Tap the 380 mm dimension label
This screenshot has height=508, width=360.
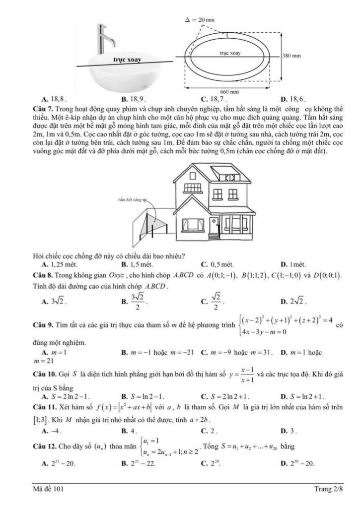pos(291,55)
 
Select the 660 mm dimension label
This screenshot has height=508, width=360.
pos(229,92)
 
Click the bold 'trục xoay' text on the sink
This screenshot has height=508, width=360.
pos(128,60)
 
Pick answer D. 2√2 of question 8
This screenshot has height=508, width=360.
pos(294,301)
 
